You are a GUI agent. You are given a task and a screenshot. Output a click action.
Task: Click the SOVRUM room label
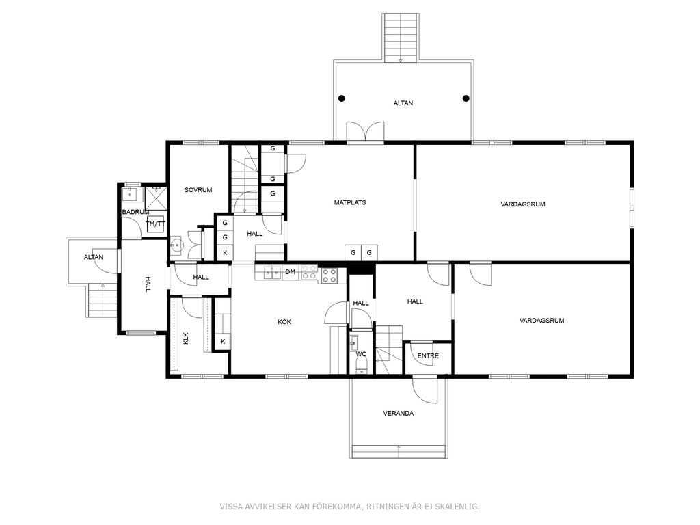coord(198,190)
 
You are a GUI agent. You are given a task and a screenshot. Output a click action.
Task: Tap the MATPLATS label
coord(350,202)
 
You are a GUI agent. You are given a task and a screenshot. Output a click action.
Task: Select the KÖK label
coord(284,321)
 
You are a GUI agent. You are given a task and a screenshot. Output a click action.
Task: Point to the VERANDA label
coord(399,413)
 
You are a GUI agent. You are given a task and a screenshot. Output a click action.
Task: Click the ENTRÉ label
coord(428,355)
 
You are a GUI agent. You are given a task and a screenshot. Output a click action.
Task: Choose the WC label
coord(361,354)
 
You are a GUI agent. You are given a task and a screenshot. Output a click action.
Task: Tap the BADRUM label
coord(136,212)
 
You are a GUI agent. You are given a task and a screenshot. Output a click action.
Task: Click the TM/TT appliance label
coord(155,224)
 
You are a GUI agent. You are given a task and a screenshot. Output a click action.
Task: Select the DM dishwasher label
coord(290,271)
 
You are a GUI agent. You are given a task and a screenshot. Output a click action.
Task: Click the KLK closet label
coord(186,338)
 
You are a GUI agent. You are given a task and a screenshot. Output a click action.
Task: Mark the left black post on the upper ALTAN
coord(342,98)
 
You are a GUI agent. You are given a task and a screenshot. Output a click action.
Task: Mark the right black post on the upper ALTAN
coord(466,98)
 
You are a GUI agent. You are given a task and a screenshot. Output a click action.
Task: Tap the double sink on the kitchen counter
coord(272,272)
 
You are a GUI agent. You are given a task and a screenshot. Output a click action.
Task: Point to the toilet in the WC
coord(361,366)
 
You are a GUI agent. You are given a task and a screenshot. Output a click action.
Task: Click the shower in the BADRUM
coord(156,198)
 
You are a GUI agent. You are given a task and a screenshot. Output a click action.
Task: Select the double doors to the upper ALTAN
coord(365,132)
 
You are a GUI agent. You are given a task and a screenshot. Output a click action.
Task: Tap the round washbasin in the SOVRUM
coord(177,245)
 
